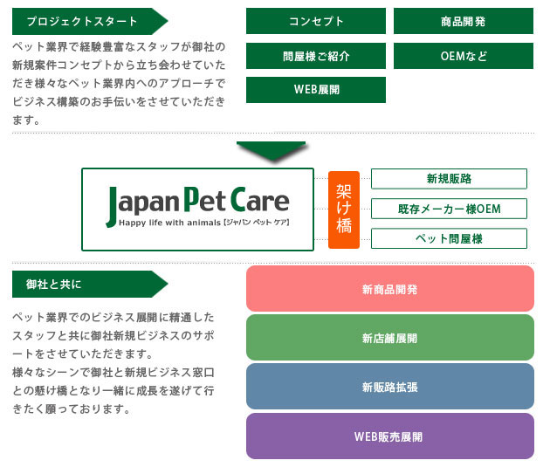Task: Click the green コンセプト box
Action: pyautogui.click(x=316, y=21)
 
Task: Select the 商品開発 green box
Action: pyautogui.click(x=464, y=21)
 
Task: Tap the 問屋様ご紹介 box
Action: pyautogui.click(x=316, y=56)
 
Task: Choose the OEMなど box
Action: pyautogui.click(x=464, y=56)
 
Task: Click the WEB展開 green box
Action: pyautogui.click(x=316, y=90)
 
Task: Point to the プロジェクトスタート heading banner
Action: pyautogui.click(x=89, y=22)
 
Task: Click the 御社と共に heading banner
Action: pyautogui.click(x=89, y=285)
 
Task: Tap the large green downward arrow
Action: pyautogui.click(x=272, y=150)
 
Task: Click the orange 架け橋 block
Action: pyautogui.click(x=344, y=210)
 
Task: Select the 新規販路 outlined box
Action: pyautogui.click(x=449, y=179)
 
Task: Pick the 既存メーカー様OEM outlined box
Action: pyautogui.click(x=449, y=209)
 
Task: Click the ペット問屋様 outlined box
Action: pyautogui.click(x=449, y=238)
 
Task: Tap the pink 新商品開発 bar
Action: pyautogui.click(x=390, y=288)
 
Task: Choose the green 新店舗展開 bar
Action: pyautogui.click(x=390, y=338)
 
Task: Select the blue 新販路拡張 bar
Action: pyautogui.click(x=390, y=387)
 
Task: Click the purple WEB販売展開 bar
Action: pyautogui.click(x=390, y=436)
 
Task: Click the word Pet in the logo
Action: pyautogui.click(x=205, y=199)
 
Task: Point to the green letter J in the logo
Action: pyautogui.click(x=112, y=207)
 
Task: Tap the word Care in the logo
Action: pyautogui.click(x=260, y=199)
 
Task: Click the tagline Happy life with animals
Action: pyautogui.click(x=169, y=223)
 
